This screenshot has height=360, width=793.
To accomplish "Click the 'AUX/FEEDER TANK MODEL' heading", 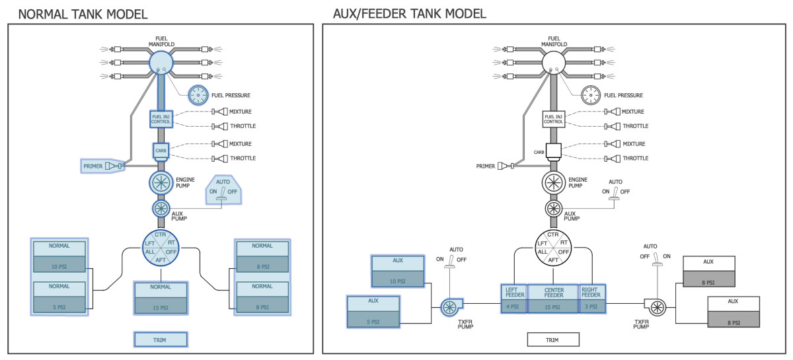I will [410, 13].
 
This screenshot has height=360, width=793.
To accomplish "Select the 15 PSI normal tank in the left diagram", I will [161, 297].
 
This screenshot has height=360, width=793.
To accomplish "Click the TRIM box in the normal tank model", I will [161, 340].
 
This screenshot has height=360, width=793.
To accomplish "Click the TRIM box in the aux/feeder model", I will [552, 340].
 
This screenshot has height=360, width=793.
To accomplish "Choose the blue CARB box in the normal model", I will [161, 151].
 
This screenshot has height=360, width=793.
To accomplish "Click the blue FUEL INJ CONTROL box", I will [161, 120].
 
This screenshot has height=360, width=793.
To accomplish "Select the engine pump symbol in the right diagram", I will [554, 183].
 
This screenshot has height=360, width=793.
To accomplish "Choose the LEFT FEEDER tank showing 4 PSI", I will [513, 299].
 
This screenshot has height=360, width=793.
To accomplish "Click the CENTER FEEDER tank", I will [553, 299].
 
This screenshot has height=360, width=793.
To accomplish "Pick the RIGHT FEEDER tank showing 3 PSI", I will [592, 299].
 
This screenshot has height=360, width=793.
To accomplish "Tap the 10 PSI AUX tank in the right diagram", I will [397, 271].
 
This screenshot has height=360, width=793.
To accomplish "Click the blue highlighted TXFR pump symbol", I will [449, 306].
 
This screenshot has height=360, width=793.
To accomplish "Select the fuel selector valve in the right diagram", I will [554, 247].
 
